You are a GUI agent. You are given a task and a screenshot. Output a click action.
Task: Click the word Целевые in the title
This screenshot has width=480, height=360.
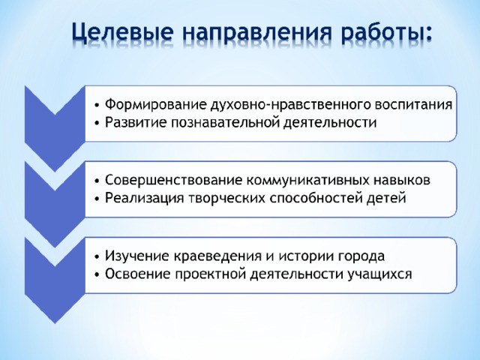coord(123,31)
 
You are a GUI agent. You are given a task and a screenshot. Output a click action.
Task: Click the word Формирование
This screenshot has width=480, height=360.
coord(155,104)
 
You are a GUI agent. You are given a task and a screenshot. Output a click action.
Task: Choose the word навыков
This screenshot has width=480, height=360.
coord(402,180)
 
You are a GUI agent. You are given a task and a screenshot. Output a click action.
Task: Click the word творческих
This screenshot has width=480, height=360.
coord(226,198)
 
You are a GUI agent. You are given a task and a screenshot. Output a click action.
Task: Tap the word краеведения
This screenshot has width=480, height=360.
coord(218,256)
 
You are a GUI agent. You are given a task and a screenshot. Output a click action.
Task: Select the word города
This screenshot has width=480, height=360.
coord(361,256)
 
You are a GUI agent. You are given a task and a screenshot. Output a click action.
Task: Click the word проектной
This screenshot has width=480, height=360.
coord(211,274)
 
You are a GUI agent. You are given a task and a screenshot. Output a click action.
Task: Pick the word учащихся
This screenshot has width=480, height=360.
coord(379,274)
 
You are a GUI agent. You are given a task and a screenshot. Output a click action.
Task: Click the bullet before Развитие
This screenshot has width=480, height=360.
coord(97,123)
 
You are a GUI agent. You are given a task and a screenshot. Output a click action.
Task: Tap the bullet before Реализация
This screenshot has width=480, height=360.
coord(97,199)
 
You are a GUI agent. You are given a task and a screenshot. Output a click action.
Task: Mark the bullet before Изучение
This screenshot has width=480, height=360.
coord(97,256)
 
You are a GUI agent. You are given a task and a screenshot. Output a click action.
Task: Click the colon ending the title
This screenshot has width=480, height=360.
coord(427,34)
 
